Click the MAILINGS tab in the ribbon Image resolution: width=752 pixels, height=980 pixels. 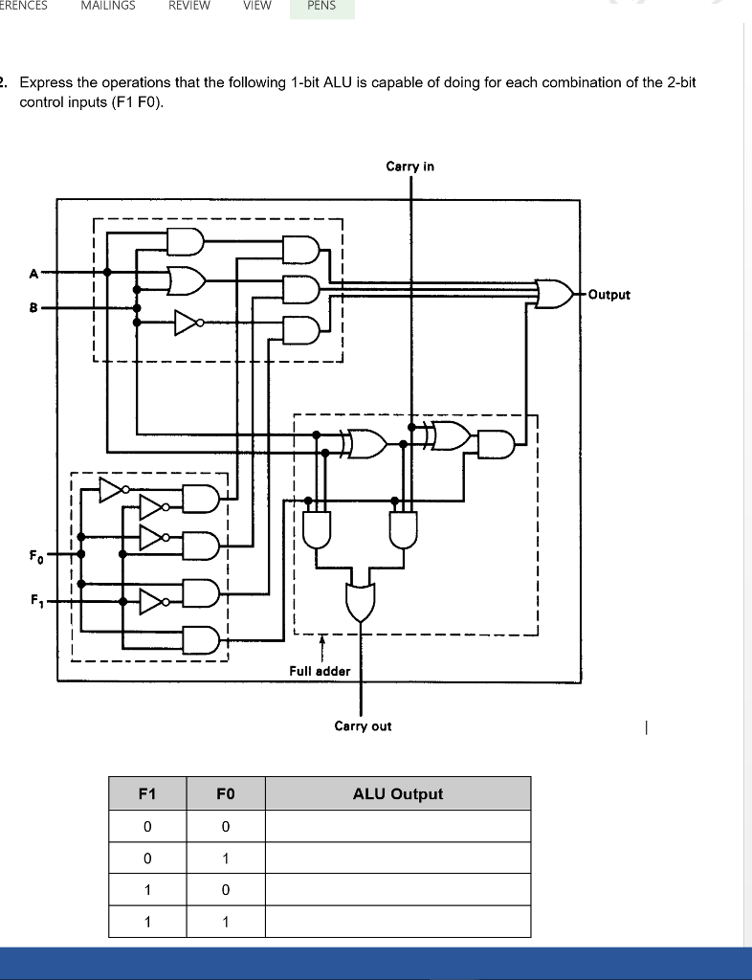point(108,6)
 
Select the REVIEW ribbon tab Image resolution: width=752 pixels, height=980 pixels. point(189,6)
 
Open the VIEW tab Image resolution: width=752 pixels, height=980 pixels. point(256,6)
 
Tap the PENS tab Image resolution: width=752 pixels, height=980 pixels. point(321,6)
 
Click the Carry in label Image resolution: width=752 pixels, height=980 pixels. point(409,167)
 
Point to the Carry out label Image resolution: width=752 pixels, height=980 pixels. point(363,726)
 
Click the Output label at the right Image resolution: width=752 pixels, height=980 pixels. point(609,295)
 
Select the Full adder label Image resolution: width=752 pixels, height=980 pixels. point(320,671)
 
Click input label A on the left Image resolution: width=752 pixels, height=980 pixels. point(33,273)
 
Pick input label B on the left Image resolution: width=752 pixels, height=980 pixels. point(33,308)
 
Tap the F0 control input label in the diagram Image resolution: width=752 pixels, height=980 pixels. point(35,555)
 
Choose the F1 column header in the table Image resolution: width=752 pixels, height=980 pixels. point(146,794)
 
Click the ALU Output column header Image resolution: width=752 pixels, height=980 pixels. point(397,794)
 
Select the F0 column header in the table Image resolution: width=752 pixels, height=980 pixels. point(225,794)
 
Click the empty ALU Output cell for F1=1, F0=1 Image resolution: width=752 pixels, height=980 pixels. point(397,923)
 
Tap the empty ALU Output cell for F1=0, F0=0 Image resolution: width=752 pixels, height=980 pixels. point(397,826)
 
